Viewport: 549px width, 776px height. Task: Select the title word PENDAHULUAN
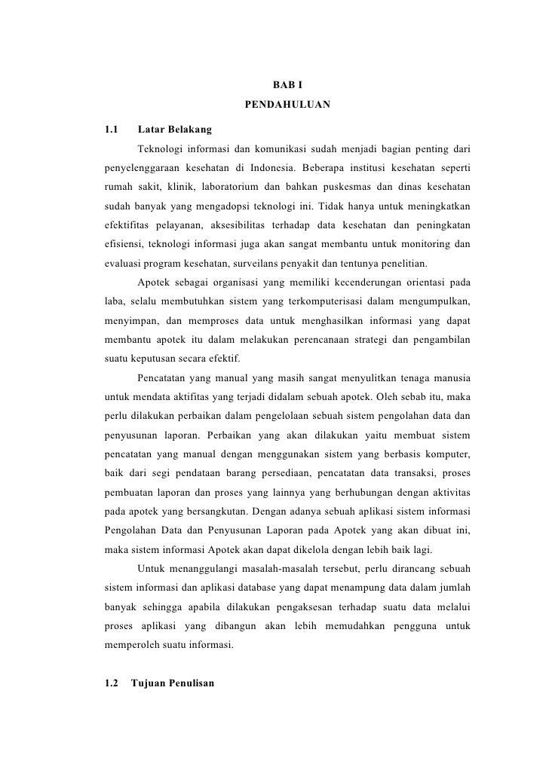click(x=287, y=103)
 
